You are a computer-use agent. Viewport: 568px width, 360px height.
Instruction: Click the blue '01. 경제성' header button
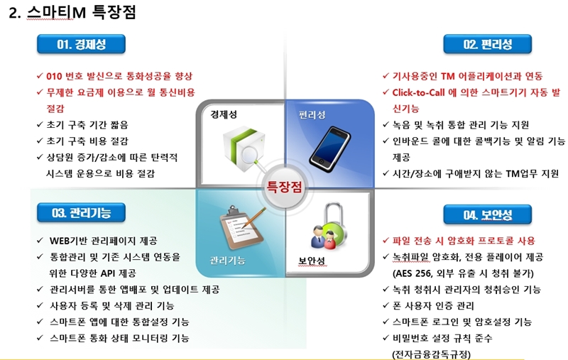[81, 44]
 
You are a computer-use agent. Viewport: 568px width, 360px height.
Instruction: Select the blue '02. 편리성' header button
[488, 44]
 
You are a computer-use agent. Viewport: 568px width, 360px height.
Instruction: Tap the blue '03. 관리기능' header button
[81, 212]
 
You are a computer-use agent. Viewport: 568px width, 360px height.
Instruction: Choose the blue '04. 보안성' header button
[488, 214]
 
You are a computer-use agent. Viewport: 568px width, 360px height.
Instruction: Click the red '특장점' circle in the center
[285, 187]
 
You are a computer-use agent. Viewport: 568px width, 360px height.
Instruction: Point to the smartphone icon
[329, 148]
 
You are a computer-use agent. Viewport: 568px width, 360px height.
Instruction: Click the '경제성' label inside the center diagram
[224, 114]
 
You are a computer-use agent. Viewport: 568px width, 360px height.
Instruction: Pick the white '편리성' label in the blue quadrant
[312, 115]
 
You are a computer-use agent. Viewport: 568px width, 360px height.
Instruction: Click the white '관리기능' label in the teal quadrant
[227, 261]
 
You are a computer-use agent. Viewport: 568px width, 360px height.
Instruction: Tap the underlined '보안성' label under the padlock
[312, 261]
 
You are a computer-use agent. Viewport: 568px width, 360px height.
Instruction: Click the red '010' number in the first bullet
[54, 77]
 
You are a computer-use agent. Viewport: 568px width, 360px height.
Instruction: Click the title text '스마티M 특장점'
[82, 12]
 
